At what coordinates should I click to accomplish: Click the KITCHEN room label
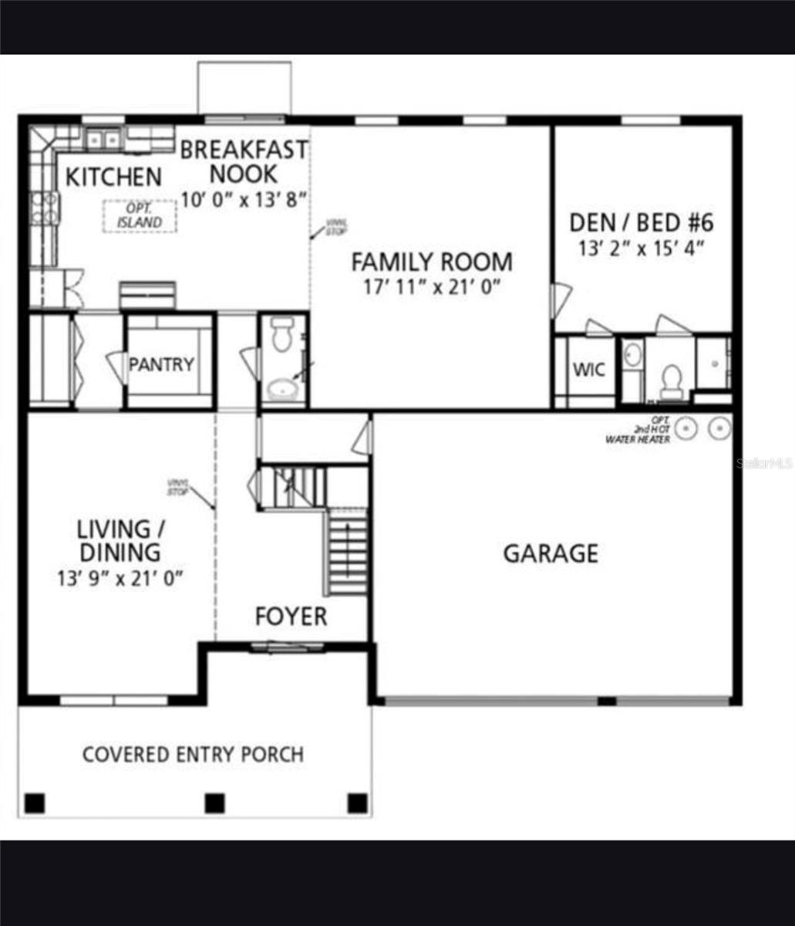[113, 177]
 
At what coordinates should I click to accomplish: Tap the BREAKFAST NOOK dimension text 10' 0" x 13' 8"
[244, 199]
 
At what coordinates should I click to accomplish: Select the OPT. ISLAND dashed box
[140, 216]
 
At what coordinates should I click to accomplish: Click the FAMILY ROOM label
[431, 262]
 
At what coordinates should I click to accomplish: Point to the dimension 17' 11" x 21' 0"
[432, 287]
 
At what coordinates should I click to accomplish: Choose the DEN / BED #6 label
[642, 223]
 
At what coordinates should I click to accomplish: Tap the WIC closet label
[588, 369]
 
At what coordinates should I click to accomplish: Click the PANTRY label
[161, 364]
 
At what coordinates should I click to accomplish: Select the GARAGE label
[551, 553]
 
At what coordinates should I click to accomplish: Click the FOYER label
[291, 617]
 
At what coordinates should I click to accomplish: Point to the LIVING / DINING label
[120, 541]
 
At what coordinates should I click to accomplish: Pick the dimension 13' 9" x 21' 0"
[120, 578]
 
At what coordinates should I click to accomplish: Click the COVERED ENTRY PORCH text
[193, 754]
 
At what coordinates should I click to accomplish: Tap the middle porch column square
[214, 803]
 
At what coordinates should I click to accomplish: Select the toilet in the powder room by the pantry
[282, 335]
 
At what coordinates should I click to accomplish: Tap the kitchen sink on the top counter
[103, 140]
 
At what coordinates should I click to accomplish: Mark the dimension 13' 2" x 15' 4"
[642, 249]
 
